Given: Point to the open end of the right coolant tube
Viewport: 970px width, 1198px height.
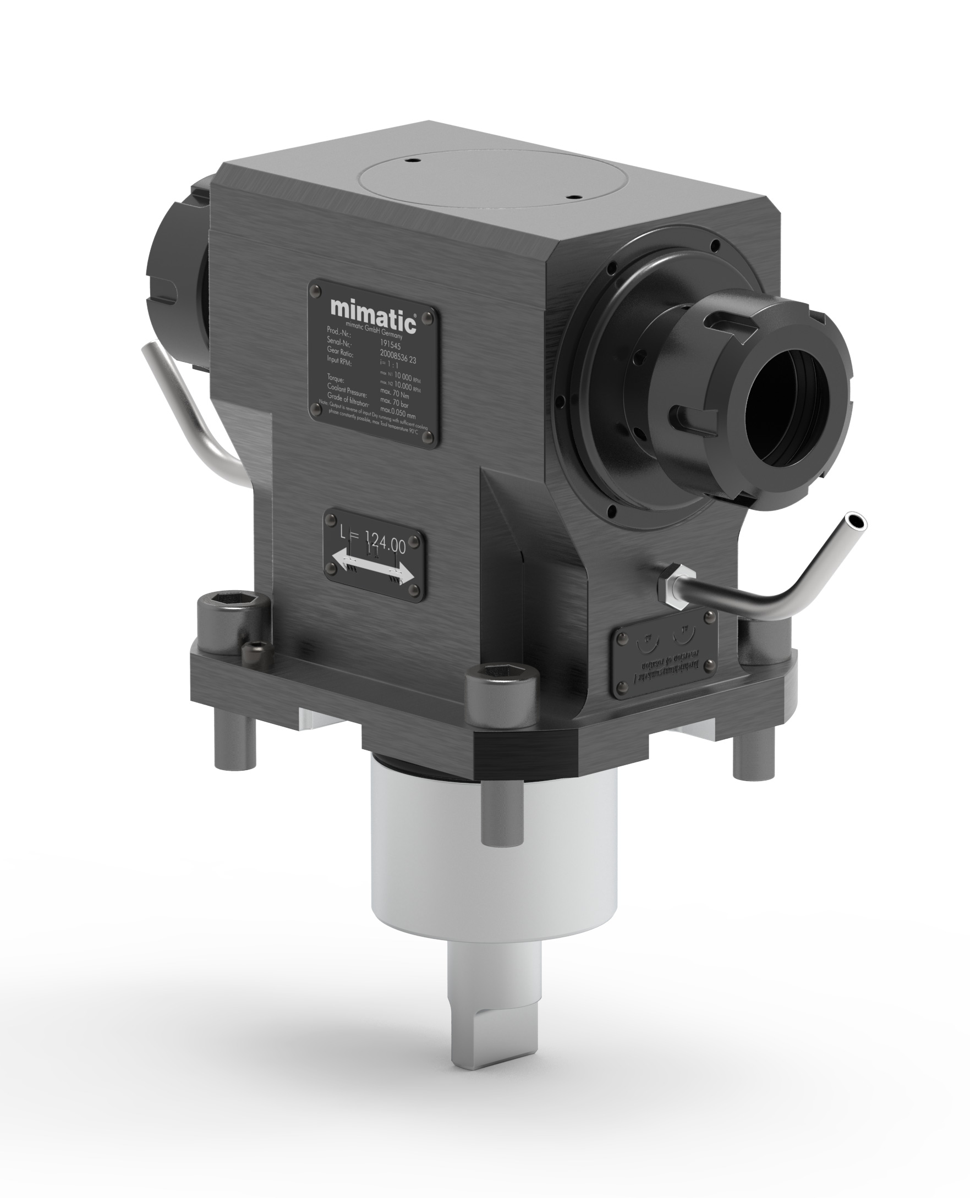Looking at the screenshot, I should coord(856,520).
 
